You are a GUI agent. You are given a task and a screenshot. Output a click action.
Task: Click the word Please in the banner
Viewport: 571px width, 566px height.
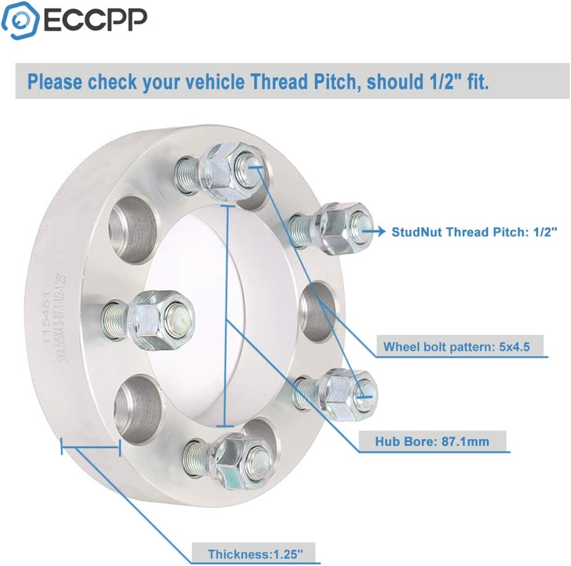pyautogui.click(x=55, y=82)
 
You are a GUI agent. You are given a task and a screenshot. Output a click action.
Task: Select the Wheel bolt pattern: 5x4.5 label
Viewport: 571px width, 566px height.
pyautogui.click(x=456, y=346)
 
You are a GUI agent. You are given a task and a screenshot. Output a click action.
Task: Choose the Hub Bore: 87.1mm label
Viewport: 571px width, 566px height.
pyautogui.click(x=432, y=441)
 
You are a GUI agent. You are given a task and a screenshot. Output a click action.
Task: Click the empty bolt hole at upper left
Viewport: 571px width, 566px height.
pyautogui.click(x=134, y=226)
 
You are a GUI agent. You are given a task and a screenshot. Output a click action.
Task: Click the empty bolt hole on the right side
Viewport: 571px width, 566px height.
pyautogui.click(x=318, y=309)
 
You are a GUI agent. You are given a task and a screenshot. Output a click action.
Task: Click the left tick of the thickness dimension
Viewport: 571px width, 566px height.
pyautogui.click(x=62, y=447)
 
